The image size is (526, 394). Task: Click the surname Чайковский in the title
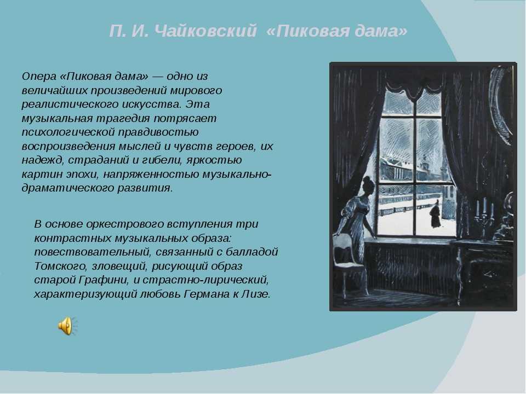[207, 31]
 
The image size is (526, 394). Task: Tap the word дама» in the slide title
[381, 31]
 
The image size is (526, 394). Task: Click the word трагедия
[123, 119]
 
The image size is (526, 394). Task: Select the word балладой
[252, 252]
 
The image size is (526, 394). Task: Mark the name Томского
[60, 266]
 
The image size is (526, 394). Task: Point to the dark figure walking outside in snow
[436, 215]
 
